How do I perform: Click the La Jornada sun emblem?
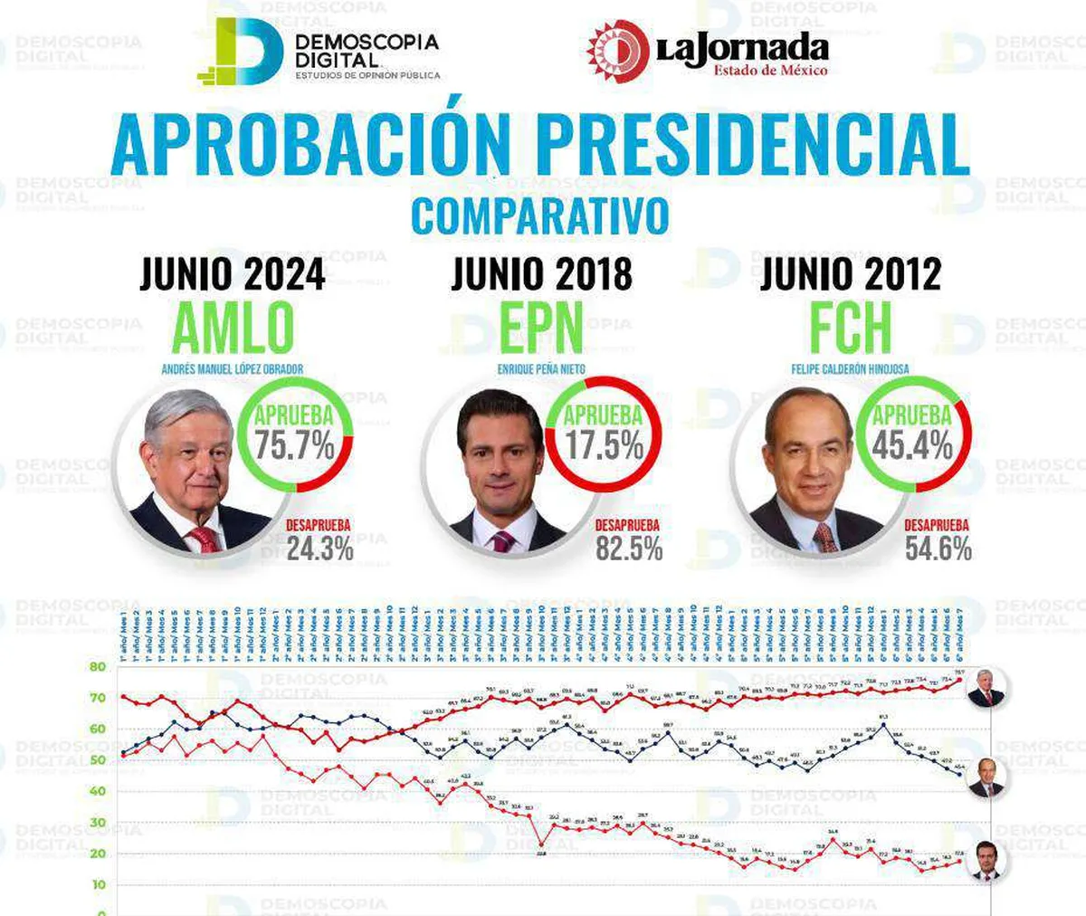617,50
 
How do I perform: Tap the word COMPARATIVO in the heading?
540,216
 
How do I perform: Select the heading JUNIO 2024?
233,274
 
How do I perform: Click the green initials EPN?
541,329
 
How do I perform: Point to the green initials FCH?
850,329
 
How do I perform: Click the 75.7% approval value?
294,445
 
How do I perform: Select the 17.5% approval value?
604,445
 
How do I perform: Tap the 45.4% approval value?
912,445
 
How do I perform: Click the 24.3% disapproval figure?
320,549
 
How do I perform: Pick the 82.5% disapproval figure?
629,549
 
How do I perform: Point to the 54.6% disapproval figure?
938,549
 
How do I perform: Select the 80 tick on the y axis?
98,667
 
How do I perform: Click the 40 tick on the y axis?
98,791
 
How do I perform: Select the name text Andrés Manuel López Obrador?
233,369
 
